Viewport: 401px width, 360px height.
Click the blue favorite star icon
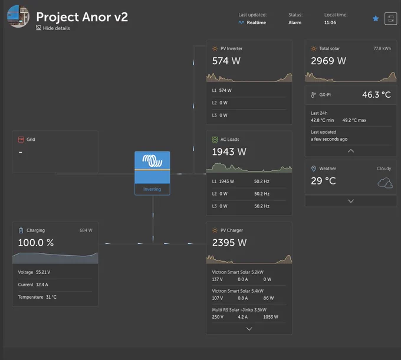(376, 18)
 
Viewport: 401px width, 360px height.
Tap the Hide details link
(53, 28)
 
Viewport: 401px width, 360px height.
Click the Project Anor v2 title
(82, 17)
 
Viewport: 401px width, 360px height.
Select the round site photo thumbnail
(18, 16)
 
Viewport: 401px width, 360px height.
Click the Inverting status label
(152, 189)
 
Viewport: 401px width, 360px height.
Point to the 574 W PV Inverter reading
(226, 61)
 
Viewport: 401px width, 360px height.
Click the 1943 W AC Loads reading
(229, 152)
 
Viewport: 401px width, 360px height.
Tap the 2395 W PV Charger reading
(229, 243)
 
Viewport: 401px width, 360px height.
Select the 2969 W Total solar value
(328, 61)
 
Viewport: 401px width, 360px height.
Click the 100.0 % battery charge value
(36, 243)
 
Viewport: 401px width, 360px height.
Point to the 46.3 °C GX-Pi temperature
(376, 95)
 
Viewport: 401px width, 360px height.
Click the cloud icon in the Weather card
(385, 183)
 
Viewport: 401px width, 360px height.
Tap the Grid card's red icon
(21, 140)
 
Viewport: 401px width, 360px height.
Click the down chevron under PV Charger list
(249, 329)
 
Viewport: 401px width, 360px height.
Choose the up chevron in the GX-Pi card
(351, 151)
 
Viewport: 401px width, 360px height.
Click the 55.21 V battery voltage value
(43, 272)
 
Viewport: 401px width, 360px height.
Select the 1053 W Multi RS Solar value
(271, 317)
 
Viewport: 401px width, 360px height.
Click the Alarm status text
(295, 22)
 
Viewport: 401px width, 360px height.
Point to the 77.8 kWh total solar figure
(382, 48)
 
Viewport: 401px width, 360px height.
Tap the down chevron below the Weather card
(351, 201)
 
